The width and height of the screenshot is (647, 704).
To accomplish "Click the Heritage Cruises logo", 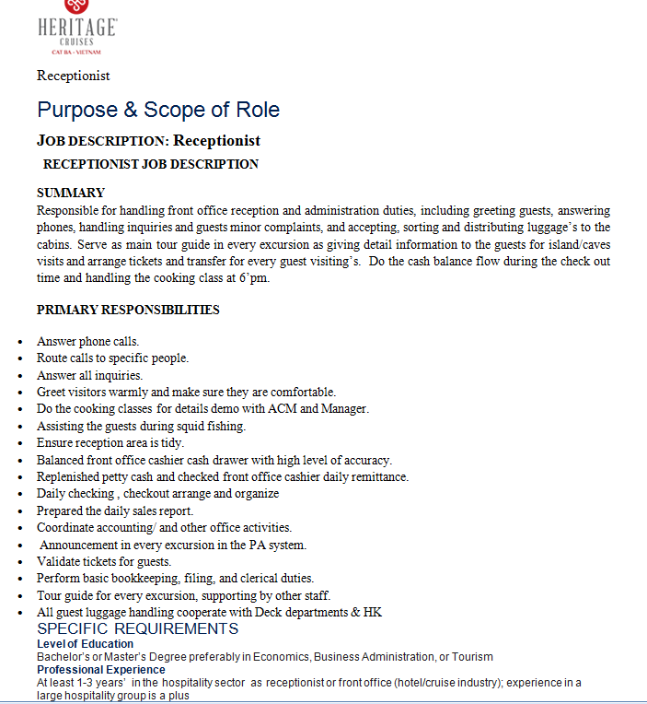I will click(x=77, y=28).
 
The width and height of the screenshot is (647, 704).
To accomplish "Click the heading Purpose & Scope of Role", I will click(x=158, y=111).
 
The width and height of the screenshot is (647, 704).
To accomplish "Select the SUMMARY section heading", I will click(x=71, y=194).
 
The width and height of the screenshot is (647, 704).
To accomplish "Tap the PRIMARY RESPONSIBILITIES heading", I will click(x=128, y=310).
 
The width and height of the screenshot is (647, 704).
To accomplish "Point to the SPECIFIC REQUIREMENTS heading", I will click(x=137, y=628).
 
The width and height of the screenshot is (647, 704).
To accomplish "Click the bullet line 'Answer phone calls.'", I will click(x=88, y=341).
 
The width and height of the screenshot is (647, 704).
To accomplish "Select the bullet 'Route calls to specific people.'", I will click(x=112, y=358).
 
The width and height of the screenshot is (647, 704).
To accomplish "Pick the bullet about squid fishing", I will click(x=141, y=426).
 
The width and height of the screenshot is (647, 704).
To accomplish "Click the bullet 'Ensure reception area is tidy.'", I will click(x=110, y=442).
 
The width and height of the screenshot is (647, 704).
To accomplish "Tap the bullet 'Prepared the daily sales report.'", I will click(x=115, y=510).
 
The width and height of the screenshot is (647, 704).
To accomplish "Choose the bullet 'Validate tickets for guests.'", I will click(x=104, y=561).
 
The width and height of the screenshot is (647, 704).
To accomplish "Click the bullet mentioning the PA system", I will click(x=173, y=545).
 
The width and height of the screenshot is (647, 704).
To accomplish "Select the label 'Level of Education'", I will click(x=85, y=644).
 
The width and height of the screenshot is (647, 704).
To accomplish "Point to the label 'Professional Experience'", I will click(x=100, y=670).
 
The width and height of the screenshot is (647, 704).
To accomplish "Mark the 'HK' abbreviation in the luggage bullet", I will click(x=373, y=612).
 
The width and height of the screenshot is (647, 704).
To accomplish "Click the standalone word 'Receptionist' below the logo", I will click(x=74, y=76).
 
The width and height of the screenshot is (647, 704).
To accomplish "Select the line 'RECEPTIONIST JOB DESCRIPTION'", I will click(x=151, y=164).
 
